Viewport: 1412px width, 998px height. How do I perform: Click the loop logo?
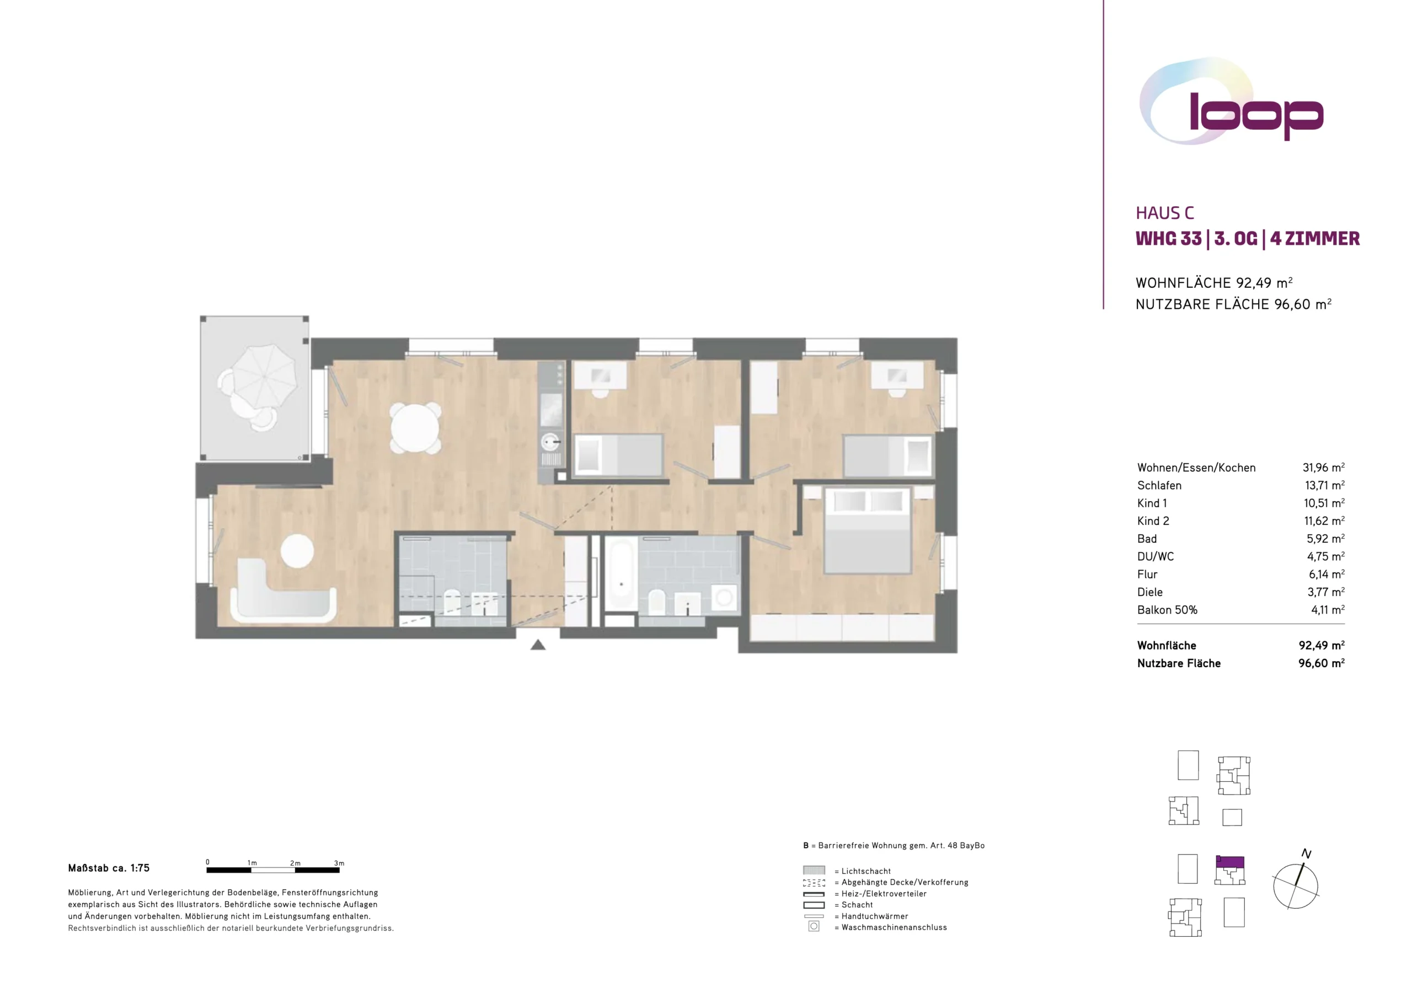[1232, 102]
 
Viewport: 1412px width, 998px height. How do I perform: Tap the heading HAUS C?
[1165, 213]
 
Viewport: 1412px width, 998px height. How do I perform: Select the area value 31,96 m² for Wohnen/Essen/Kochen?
[1323, 468]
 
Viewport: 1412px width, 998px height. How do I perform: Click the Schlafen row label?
[1159, 485]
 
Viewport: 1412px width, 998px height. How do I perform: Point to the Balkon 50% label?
[1167, 610]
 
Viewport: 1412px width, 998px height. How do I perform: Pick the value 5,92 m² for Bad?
[1325, 539]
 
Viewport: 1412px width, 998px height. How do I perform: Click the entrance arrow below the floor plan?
[538, 645]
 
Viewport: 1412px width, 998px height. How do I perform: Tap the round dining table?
[416, 428]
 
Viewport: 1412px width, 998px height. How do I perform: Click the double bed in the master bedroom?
[867, 530]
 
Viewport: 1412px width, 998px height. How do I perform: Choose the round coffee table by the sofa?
[298, 550]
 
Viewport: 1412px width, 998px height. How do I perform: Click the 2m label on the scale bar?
[295, 863]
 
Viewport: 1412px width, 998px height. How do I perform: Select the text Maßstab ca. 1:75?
[109, 868]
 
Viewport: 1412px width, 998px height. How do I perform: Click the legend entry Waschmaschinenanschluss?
[894, 927]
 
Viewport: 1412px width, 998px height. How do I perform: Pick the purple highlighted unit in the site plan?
[1230, 863]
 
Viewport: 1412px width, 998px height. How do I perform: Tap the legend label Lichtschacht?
[866, 871]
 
